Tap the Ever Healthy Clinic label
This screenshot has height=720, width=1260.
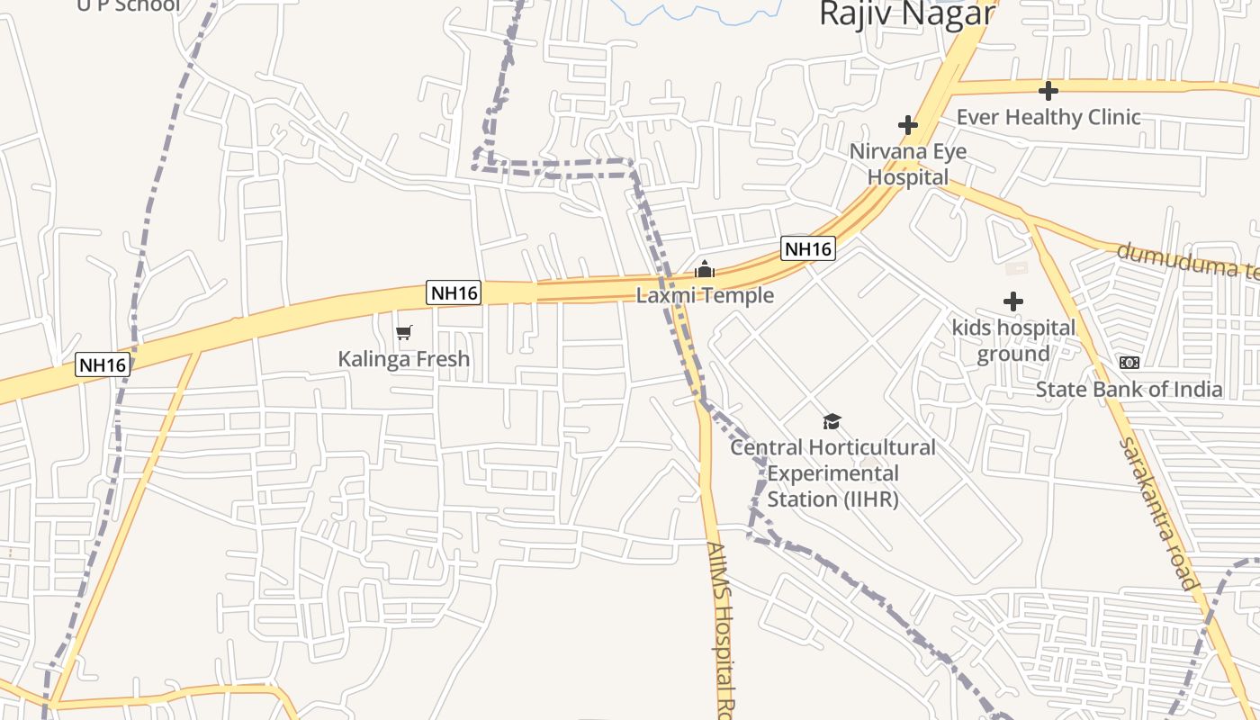pos(1048,117)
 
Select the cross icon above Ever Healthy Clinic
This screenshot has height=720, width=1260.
pos(1048,91)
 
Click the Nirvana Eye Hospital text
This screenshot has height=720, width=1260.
pos(907,164)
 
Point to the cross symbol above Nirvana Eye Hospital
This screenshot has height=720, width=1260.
pos(907,125)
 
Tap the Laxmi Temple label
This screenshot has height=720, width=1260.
pos(705,295)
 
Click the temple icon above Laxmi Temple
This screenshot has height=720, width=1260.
pos(705,269)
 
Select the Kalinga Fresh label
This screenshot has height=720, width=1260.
pos(404,359)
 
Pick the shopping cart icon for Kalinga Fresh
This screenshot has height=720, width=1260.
pos(404,333)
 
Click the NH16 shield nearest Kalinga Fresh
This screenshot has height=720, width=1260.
pos(454,292)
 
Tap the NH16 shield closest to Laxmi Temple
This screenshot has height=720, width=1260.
pos(807,248)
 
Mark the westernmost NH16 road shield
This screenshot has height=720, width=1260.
pos(103,364)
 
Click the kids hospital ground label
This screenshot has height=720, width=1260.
pos(1013,340)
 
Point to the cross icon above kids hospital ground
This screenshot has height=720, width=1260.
pos(1013,301)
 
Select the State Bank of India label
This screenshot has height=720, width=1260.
pos(1129,390)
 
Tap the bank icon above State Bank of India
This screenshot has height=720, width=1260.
pos(1129,363)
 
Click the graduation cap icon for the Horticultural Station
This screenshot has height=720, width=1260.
pos(832,421)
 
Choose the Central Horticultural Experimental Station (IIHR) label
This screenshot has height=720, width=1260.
pos(832,472)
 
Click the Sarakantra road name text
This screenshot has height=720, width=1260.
pos(1160,513)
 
